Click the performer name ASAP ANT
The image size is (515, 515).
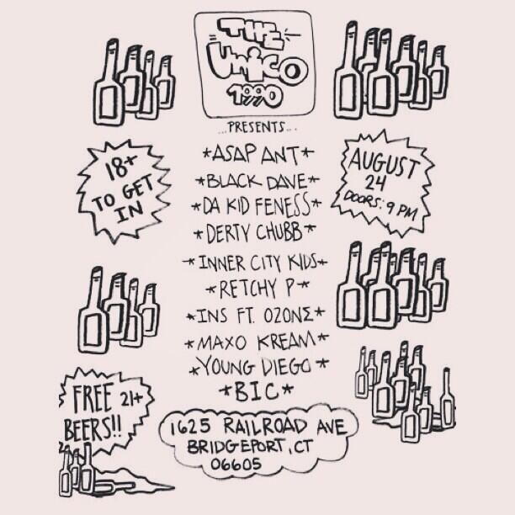257,155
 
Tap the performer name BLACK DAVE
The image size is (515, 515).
257,180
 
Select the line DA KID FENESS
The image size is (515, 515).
257,204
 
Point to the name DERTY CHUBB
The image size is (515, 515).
255,229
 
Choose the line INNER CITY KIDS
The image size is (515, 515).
258,263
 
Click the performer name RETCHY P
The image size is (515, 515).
258,289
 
